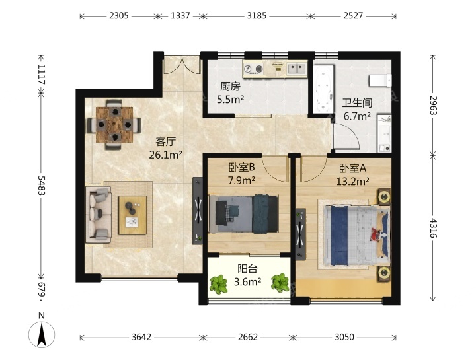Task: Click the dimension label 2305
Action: click(119, 15)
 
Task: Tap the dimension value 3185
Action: click(257, 15)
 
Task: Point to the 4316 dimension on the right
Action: click(433, 228)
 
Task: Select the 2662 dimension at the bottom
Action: click(248, 337)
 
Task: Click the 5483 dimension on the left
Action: click(42, 185)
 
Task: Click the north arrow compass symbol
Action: click(42, 334)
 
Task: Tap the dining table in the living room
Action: click(114, 124)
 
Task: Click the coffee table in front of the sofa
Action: click(132, 215)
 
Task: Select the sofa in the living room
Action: click(99, 215)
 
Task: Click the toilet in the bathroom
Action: click(379, 81)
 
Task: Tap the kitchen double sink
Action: click(297, 69)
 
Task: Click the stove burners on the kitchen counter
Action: click(253, 69)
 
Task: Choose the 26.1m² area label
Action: click(165, 155)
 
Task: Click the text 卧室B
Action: click(241, 167)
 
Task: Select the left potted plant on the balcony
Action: click(218, 284)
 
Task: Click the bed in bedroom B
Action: click(243, 214)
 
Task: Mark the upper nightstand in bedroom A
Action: click(384, 197)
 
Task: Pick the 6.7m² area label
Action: click(357, 116)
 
